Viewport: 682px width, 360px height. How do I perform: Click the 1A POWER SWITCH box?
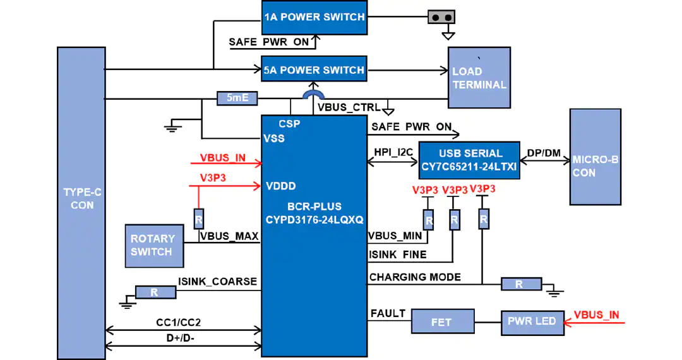(x=314, y=18)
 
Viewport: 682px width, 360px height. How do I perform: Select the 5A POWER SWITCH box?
(x=314, y=69)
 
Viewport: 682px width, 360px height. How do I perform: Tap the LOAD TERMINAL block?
(x=479, y=78)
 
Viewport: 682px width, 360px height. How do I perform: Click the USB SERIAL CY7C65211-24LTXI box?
(x=469, y=160)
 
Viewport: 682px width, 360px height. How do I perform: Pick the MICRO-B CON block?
(x=595, y=157)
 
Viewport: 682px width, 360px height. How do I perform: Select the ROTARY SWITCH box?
(x=155, y=246)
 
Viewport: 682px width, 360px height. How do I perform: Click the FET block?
(x=443, y=321)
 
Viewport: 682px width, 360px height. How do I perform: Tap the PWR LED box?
(x=532, y=323)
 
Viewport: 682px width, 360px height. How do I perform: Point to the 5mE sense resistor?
(x=237, y=99)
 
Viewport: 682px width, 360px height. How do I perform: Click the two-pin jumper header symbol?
(x=441, y=18)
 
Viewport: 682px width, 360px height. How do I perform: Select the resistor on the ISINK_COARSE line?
(x=155, y=292)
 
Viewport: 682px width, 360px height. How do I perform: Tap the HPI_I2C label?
(x=393, y=153)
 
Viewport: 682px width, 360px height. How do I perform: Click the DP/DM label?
(x=544, y=153)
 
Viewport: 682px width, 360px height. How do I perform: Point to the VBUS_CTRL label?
(x=349, y=107)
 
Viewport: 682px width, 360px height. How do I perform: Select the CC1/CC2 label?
(x=178, y=323)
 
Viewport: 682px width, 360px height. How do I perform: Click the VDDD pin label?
(x=281, y=186)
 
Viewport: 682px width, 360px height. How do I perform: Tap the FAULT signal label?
(x=388, y=313)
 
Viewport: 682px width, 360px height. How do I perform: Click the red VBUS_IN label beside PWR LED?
(x=596, y=315)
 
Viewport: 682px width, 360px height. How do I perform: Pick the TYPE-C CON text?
(x=82, y=199)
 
